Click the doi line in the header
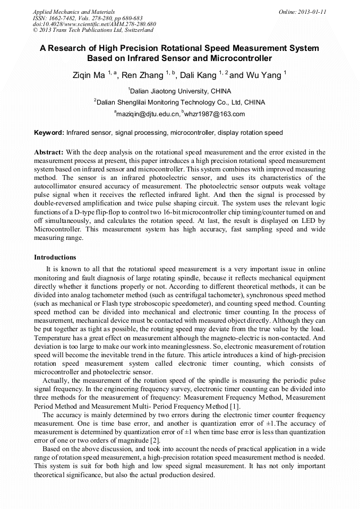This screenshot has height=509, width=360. [94, 24]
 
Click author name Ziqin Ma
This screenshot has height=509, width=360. [89, 75]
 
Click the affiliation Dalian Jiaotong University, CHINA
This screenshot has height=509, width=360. [181, 91]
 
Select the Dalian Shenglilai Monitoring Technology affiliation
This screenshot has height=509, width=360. [181, 102]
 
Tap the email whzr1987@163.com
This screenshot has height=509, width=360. [215, 114]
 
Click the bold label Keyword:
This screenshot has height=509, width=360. [49, 133]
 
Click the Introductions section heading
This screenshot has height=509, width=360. [55, 257]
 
